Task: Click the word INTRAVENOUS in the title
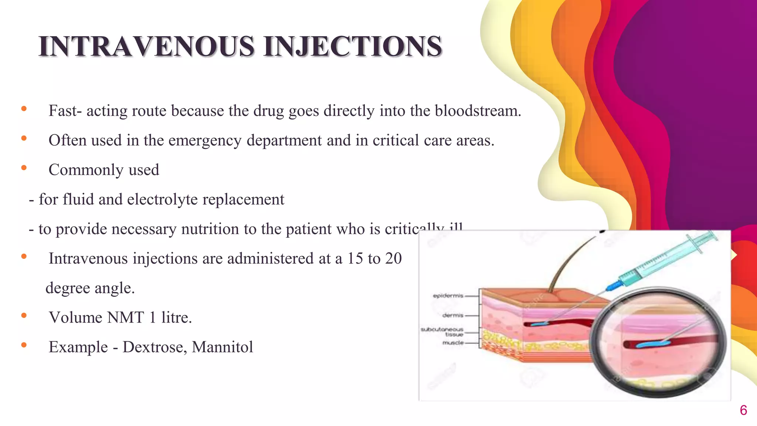coord(147,47)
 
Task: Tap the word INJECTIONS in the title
coord(353,47)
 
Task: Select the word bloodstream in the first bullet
coord(477,111)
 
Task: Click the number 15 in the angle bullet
coord(355,258)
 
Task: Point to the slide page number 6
coord(743,410)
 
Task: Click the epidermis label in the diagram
coord(448,296)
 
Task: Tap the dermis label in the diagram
coord(453,315)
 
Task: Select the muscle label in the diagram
coord(453,343)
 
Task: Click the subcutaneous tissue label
coord(442,332)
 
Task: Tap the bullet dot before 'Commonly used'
coord(24,168)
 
